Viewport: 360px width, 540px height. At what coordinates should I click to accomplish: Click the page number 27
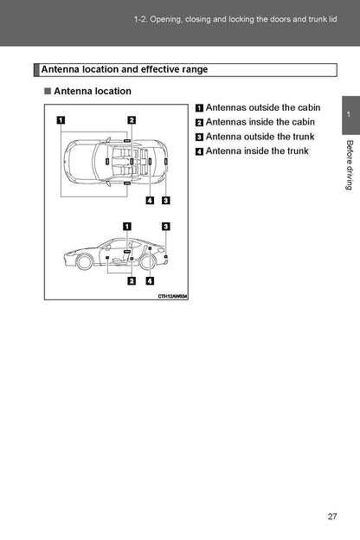point(332,517)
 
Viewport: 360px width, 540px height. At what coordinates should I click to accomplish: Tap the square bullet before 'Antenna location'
point(48,91)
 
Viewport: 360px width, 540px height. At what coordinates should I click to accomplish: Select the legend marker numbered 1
point(199,108)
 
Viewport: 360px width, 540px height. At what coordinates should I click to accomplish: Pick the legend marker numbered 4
point(199,151)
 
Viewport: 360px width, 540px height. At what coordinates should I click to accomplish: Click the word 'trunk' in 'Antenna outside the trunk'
point(302,137)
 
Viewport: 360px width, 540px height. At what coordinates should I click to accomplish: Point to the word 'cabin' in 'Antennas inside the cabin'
point(303,122)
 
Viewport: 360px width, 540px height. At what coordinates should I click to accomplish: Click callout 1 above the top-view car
point(61,119)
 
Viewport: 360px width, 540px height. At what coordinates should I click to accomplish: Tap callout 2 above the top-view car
point(132,119)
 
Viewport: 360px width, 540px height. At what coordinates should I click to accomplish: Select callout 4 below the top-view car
point(150,200)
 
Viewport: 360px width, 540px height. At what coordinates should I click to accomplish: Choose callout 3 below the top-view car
point(165,200)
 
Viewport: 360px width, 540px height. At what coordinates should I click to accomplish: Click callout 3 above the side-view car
point(165,226)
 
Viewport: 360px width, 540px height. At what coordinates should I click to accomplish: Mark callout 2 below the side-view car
point(132,281)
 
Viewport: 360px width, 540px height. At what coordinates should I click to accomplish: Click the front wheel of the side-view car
point(84,261)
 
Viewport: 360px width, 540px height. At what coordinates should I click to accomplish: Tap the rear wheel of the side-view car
point(147,261)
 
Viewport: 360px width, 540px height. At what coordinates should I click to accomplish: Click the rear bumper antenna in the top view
point(165,161)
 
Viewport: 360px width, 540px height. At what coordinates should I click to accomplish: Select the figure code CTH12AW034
point(172,296)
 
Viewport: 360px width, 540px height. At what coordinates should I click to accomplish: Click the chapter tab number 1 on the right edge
point(349,114)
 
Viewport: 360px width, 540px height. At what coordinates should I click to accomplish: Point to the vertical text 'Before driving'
point(350,165)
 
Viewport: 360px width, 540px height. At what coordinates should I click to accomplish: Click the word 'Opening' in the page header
point(165,19)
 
